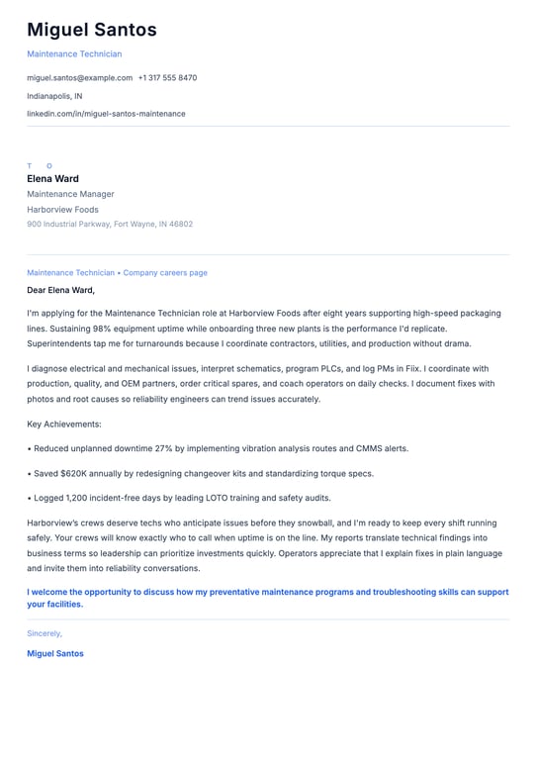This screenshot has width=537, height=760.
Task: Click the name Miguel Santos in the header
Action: (x=91, y=31)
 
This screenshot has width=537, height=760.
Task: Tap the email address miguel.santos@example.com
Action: (x=79, y=77)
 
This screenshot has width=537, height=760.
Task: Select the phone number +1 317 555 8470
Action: (x=167, y=77)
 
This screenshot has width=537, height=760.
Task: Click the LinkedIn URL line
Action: (x=106, y=114)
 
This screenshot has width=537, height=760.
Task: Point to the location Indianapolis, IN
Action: (x=54, y=96)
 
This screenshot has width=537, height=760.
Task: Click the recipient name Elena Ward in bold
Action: (x=52, y=179)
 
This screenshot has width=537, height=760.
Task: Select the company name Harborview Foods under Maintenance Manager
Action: (x=62, y=210)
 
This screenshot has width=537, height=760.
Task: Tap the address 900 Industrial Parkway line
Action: (x=110, y=224)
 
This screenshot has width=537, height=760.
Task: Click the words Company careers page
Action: (x=165, y=272)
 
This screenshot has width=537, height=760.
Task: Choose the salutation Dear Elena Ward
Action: (x=60, y=290)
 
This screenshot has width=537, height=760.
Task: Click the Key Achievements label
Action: (x=64, y=424)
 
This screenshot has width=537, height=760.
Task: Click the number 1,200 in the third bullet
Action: (x=78, y=498)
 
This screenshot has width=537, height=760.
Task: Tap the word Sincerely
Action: (x=45, y=633)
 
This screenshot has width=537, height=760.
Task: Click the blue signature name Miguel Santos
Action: (x=55, y=653)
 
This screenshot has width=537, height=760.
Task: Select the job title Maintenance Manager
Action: (x=70, y=194)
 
